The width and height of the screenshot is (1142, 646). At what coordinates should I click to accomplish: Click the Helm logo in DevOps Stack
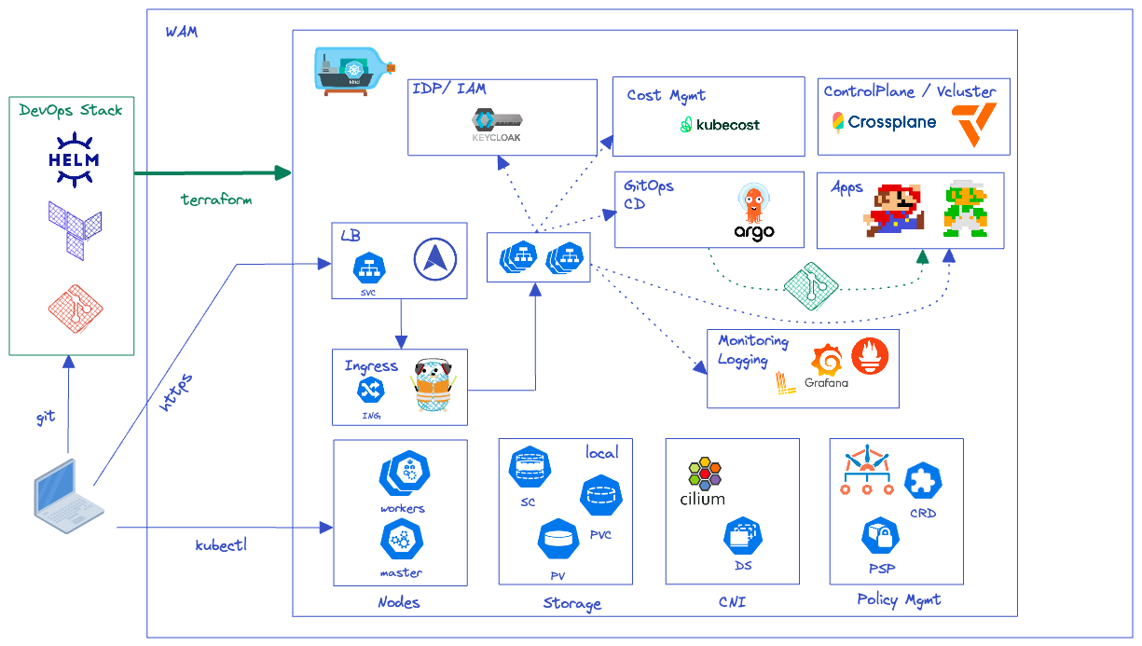pyautogui.click(x=74, y=160)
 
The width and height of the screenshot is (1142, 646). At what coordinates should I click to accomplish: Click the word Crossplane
pyautogui.click(x=891, y=122)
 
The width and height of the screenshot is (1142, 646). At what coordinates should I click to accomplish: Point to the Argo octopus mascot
pyautogui.click(x=753, y=203)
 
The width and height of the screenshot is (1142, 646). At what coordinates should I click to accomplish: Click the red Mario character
pyautogui.click(x=893, y=210)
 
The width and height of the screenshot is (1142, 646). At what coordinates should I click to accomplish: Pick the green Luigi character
pyautogui.click(x=966, y=209)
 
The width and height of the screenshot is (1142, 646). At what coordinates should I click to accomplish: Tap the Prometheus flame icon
pyautogui.click(x=870, y=356)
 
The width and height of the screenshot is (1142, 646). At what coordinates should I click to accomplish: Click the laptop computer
pyautogui.click(x=69, y=496)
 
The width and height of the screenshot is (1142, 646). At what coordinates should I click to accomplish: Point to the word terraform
pyautogui.click(x=216, y=199)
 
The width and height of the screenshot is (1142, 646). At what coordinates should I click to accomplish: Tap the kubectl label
pyautogui.click(x=221, y=545)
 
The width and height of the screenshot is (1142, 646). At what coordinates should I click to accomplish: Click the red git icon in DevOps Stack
pyautogui.click(x=76, y=309)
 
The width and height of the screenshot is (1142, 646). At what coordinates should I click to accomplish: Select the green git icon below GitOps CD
pyautogui.click(x=811, y=286)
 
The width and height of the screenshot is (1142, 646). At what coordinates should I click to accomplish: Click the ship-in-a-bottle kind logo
pyautogui.click(x=355, y=72)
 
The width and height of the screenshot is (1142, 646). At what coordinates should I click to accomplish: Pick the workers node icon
pyautogui.click(x=405, y=474)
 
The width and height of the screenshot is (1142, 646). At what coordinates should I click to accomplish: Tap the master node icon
pyautogui.click(x=402, y=541)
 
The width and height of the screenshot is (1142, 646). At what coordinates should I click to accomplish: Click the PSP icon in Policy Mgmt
pyautogui.click(x=880, y=535)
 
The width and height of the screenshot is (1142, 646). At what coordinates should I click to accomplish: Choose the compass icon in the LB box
pyautogui.click(x=434, y=259)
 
